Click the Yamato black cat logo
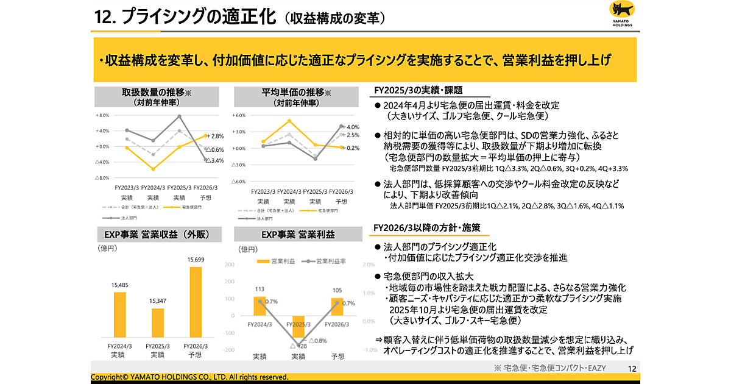tap(621, 13)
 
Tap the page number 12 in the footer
tap(632, 368)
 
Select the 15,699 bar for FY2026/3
tap(196, 302)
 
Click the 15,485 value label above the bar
tap(119, 285)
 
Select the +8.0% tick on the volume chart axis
tap(102, 115)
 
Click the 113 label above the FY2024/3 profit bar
tap(260, 290)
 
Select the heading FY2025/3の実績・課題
tap(409, 90)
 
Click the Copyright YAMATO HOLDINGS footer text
tap(189, 377)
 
